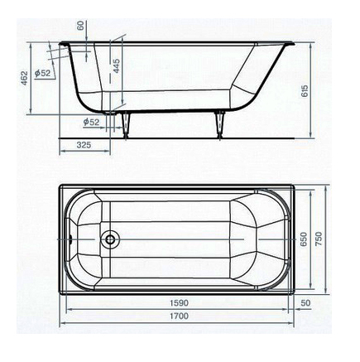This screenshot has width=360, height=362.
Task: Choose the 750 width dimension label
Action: click(x=329, y=240)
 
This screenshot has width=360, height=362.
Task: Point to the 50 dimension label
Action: click(x=304, y=304)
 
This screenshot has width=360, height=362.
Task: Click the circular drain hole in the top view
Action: click(x=108, y=241)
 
